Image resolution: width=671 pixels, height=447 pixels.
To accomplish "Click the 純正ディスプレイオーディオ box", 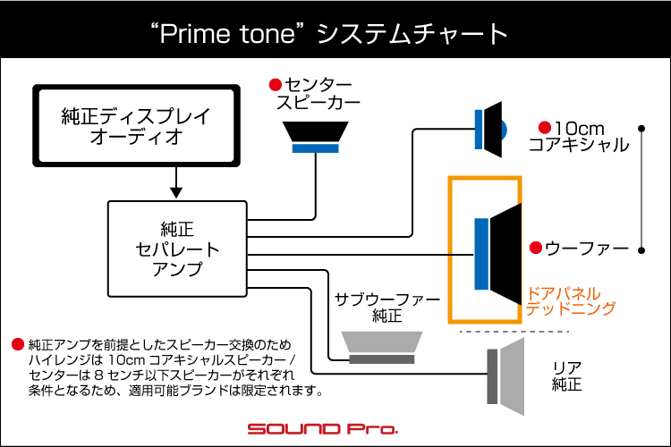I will (136, 125).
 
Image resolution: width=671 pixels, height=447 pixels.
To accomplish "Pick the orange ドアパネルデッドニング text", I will (572, 300).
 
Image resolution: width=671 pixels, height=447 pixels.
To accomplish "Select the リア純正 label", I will (567, 376).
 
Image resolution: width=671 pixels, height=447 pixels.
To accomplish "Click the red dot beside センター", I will (276, 85).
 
